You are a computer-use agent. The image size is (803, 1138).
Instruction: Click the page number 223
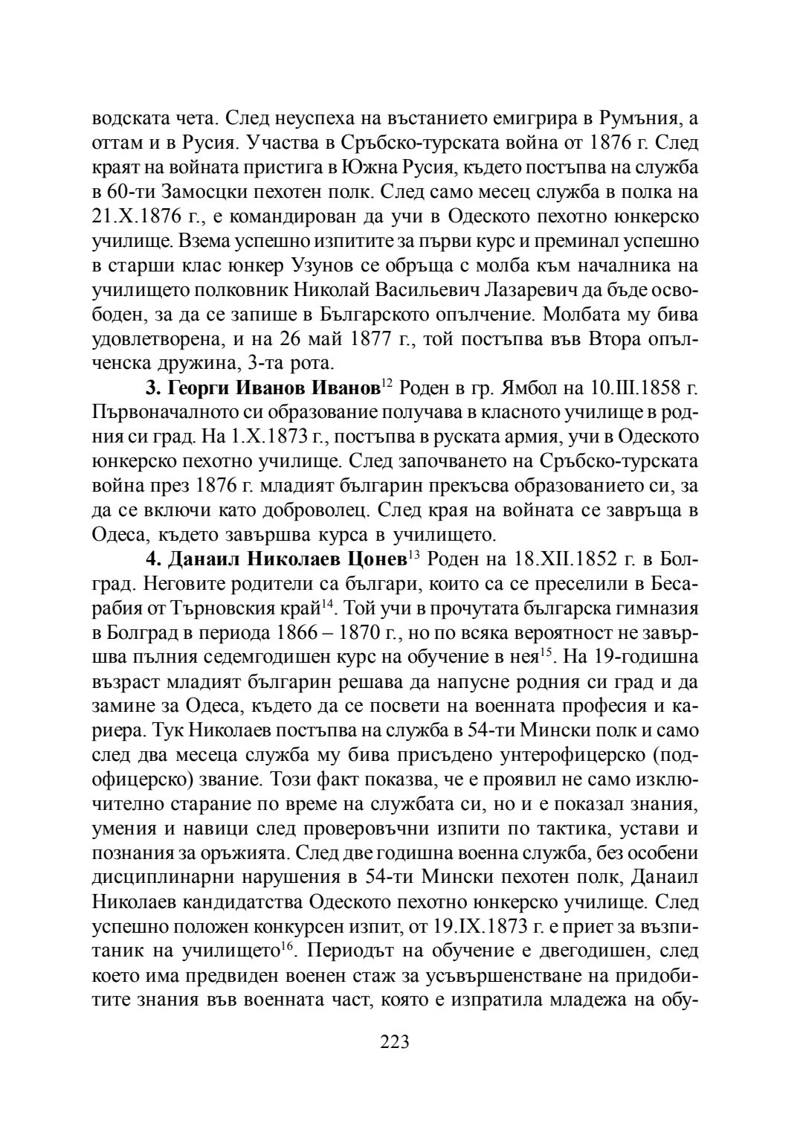point(395,1041)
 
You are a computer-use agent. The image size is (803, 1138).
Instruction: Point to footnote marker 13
point(414,553)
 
